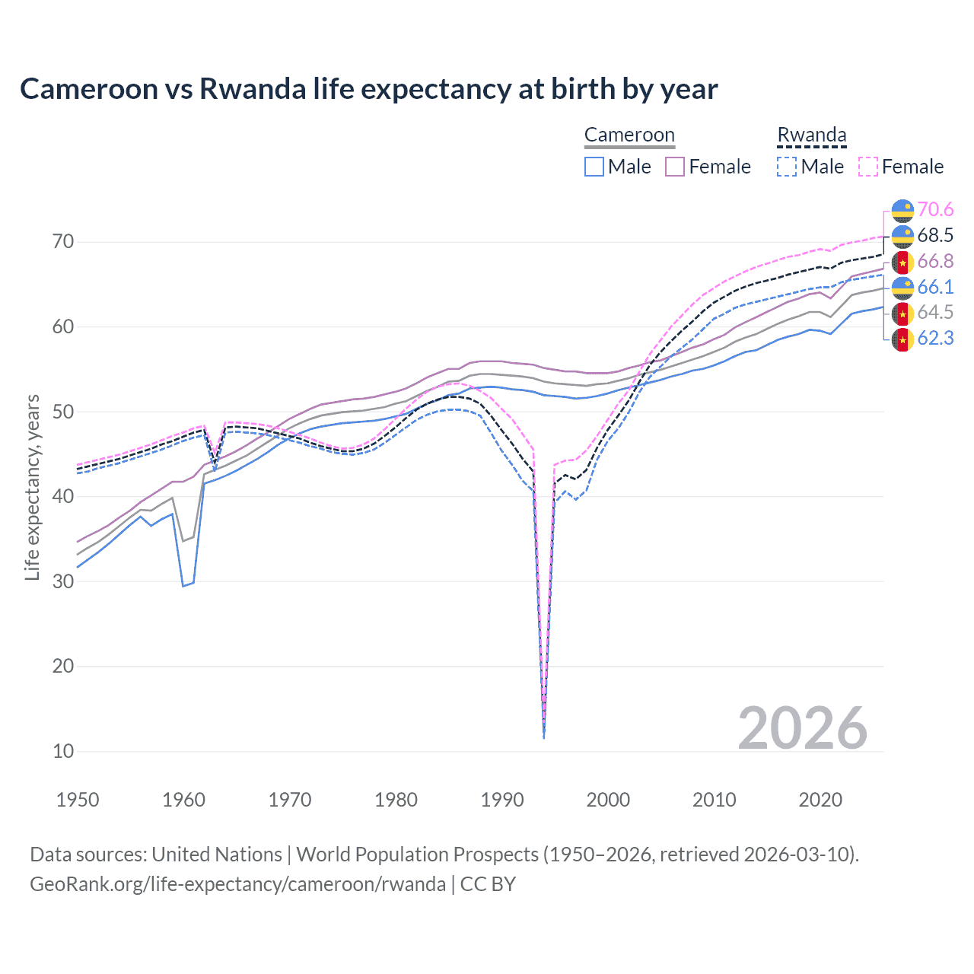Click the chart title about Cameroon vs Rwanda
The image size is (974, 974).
point(368,89)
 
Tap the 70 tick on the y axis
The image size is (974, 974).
point(63,242)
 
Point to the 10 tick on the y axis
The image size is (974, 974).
point(63,751)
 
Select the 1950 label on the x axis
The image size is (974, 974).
point(78,800)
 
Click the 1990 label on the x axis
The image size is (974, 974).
point(502,800)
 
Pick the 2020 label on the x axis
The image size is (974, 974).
point(820,800)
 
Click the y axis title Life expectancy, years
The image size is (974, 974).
point(32,487)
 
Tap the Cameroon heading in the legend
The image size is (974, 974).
point(629,135)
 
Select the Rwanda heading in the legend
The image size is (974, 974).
point(811,135)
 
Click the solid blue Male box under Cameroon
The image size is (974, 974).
point(594,167)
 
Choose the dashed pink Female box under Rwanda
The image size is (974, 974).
point(868,167)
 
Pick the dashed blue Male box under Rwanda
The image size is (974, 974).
point(787,167)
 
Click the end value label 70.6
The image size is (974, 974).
point(935,209)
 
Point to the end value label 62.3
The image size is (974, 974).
point(935,338)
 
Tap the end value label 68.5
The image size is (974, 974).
point(935,235)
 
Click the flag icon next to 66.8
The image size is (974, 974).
point(902,262)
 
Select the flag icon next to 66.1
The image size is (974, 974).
point(902,288)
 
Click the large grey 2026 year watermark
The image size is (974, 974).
point(802,728)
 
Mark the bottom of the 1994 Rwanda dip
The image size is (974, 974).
point(543,737)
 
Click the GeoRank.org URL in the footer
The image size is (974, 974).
point(237,884)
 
